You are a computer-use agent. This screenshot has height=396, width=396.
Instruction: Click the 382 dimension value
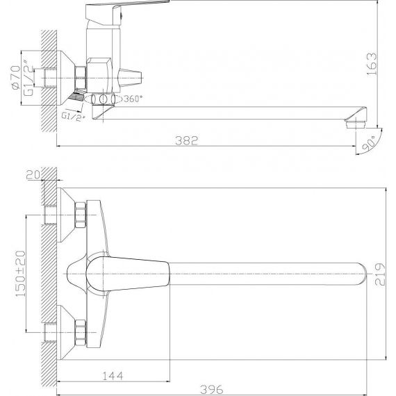pos(187,140)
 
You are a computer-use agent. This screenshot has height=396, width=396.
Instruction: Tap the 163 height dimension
pos(372,64)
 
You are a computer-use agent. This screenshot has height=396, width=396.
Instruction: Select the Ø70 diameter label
pos(16,77)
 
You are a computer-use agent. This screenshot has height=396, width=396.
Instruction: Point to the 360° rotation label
pos(133,99)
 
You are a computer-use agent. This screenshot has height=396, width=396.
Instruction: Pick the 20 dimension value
pos(34,175)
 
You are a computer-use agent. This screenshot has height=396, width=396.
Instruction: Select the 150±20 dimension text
pos(21,274)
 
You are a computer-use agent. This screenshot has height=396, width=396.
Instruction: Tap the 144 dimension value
pos(113,376)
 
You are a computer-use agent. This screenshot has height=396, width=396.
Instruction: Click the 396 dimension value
pos(212,389)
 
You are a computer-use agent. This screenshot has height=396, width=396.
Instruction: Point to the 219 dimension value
pos(379,274)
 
